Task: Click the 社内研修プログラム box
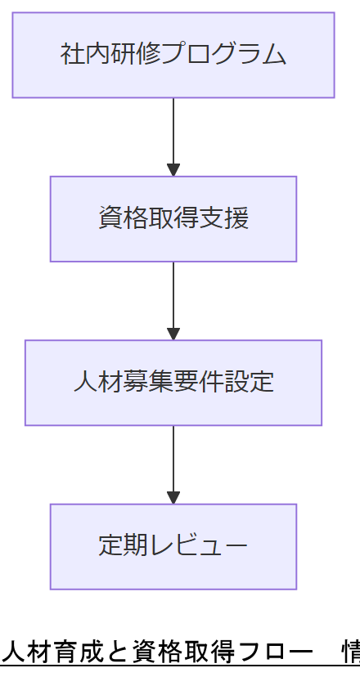(x=173, y=55)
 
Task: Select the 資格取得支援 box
(x=173, y=219)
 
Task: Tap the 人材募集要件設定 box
(x=173, y=383)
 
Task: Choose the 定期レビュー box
(x=173, y=546)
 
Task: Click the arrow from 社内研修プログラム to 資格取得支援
(x=173, y=136)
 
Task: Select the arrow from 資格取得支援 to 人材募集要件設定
(x=173, y=300)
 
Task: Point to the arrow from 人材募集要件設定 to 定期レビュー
(x=173, y=464)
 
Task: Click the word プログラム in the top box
(x=223, y=55)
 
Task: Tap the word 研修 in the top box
(x=135, y=55)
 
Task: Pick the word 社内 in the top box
(x=85, y=55)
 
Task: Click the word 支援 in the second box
(x=223, y=219)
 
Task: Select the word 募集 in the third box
(x=148, y=383)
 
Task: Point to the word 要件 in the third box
(x=198, y=383)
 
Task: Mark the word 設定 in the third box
(x=249, y=383)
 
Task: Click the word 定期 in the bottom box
(x=123, y=546)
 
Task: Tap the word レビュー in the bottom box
(x=198, y=546)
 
